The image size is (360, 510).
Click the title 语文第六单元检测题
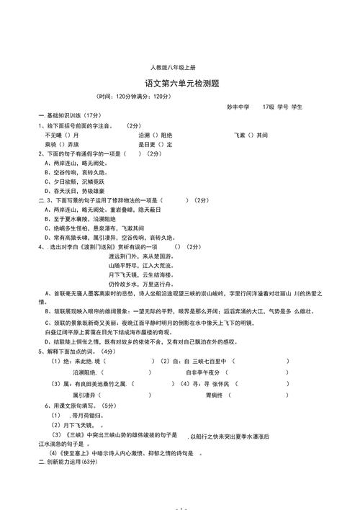pos(180,84)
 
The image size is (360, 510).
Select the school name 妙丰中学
pos(238,107)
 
